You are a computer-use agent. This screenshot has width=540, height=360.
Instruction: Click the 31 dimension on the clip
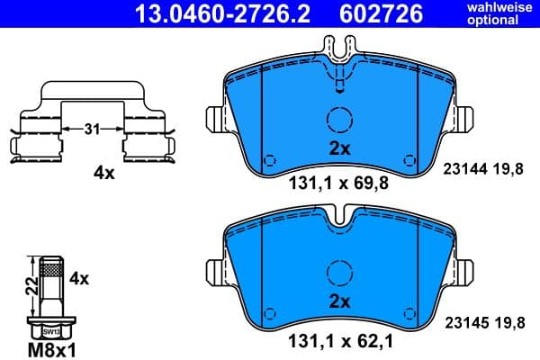tap(92, 130)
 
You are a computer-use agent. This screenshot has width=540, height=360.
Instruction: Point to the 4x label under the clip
tap(104, 173)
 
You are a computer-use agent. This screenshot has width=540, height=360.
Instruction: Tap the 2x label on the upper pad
tap(338, 149)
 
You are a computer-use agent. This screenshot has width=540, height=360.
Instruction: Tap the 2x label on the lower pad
tap(338, 301)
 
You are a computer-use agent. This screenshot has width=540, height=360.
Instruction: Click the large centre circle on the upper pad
tap(338, 121)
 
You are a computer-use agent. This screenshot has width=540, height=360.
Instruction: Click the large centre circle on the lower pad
tap(338, 272)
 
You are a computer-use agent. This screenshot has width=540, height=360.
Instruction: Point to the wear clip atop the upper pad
tap(338, 63)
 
